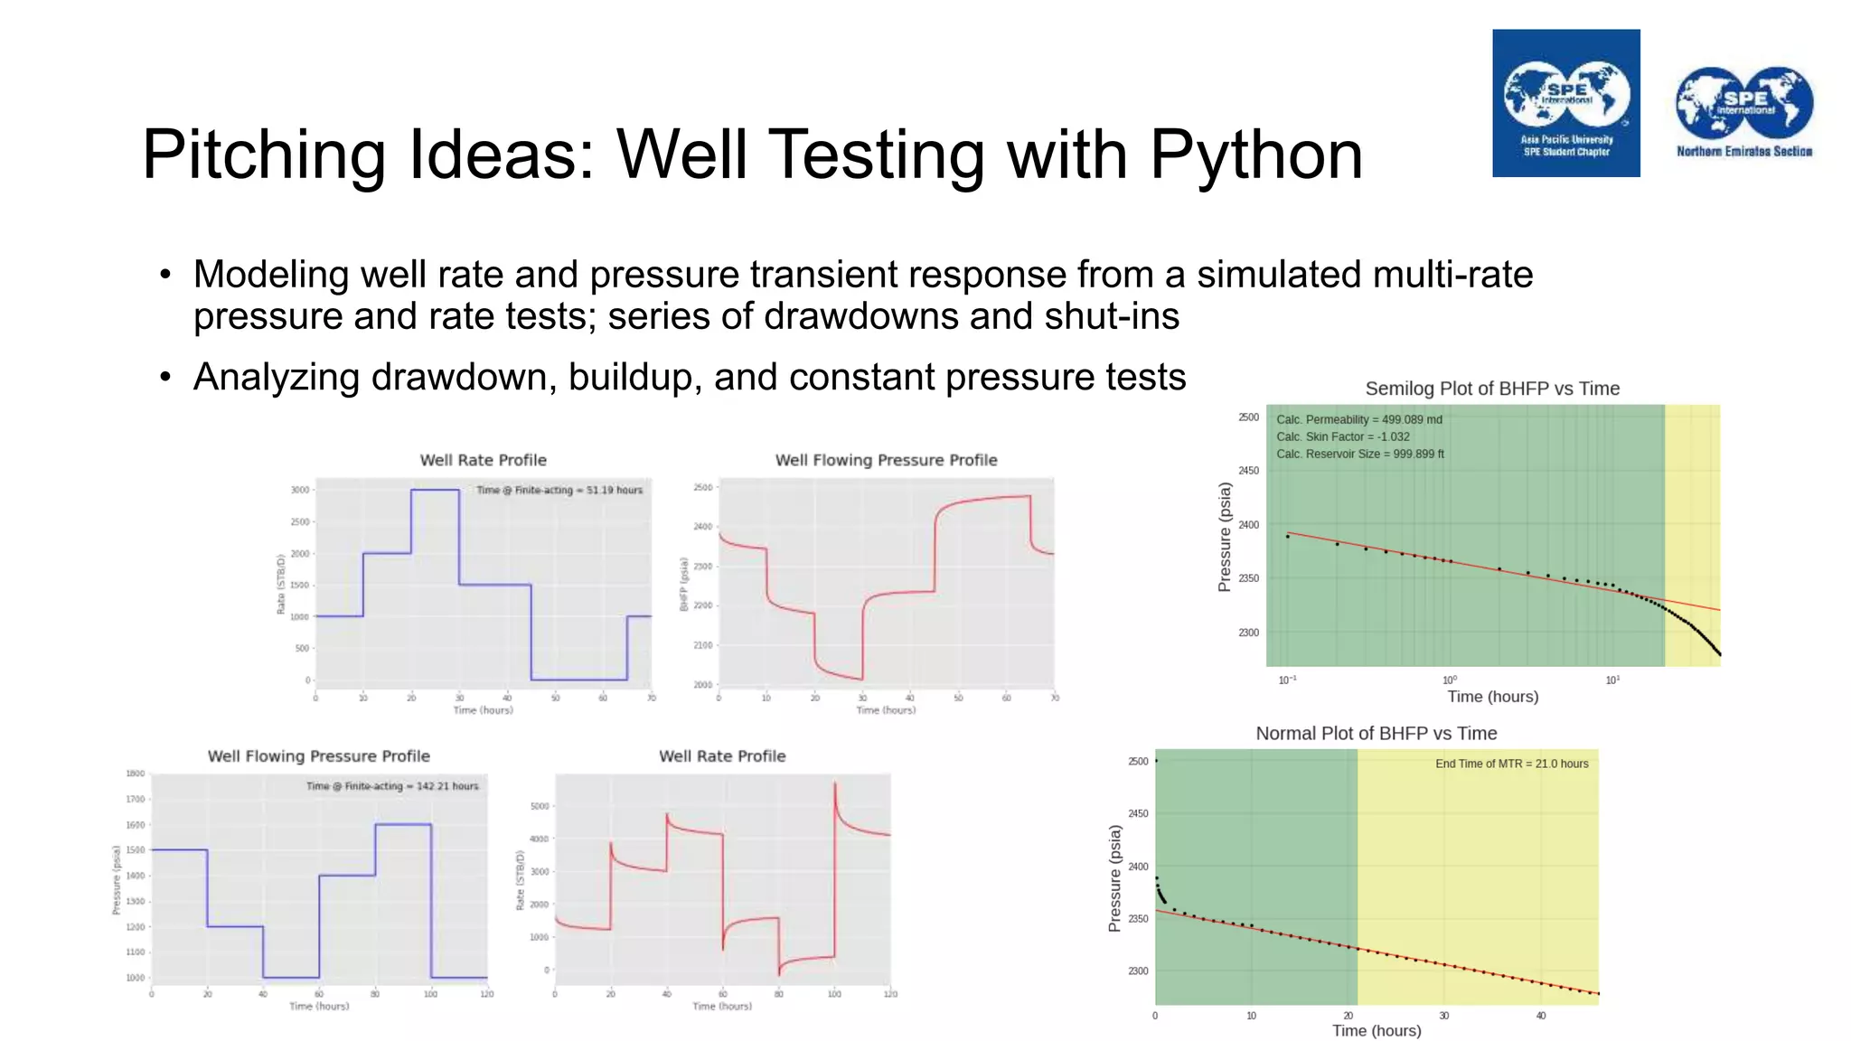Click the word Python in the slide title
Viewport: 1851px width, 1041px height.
[1255, 155]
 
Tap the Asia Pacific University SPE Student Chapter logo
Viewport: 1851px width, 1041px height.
[1565, 103]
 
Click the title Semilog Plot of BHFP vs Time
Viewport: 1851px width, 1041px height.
[1492, 389]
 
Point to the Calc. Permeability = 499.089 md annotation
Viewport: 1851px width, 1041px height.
[1358, 419]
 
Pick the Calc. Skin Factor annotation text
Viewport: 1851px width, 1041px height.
[1342, 436]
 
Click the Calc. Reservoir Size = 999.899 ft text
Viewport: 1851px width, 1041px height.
[1359, 454]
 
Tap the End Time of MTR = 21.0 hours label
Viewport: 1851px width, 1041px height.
[1511, 764]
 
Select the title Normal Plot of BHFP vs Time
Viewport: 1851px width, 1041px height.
[1376, 734]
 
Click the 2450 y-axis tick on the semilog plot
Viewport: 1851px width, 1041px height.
[1248, 471]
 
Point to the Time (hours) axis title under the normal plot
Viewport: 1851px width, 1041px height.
[1376, 1031]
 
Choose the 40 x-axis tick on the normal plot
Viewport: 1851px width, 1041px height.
[1541, 1016]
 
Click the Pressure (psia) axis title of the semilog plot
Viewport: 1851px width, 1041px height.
[1225, 537]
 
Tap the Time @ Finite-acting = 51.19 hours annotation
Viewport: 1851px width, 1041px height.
[559, 490]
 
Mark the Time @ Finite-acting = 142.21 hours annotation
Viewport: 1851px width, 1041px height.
[392, 786]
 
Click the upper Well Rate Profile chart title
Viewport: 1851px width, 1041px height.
[483, 460]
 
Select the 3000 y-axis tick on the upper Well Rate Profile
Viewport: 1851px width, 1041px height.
[300, 490]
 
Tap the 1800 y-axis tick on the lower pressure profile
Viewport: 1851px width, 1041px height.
[136, 774]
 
